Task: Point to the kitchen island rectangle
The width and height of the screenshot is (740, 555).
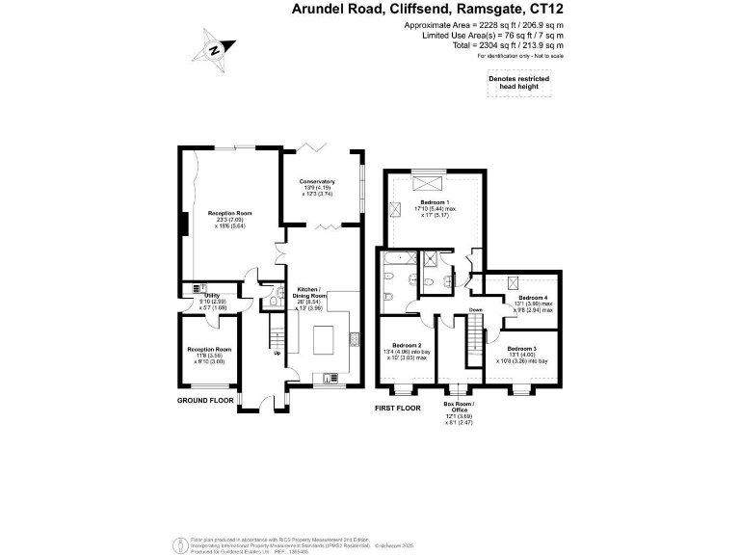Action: [324, 339]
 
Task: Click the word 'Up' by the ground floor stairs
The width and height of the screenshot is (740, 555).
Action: [278, 353]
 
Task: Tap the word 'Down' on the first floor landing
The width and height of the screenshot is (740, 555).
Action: [476, 309]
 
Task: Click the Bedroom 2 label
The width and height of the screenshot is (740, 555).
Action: [405, 351]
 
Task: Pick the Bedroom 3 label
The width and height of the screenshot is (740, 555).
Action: [521, 354]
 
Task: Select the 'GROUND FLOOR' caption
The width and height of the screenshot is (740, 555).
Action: [205, 399]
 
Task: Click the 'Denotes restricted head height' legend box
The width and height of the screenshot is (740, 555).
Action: [520, 87]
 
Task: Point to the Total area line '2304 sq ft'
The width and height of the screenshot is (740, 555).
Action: [508, 45]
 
